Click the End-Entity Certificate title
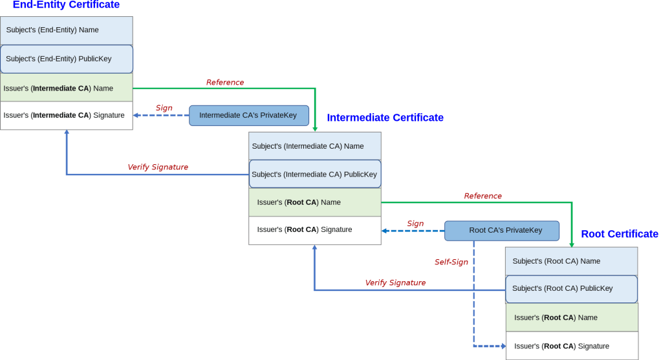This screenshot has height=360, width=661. point(66,5)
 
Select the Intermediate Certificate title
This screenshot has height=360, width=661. point(385,118)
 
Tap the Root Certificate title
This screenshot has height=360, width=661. point(619,234)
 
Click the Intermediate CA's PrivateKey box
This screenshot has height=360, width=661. point(249,116)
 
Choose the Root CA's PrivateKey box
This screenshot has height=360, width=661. point(502,230)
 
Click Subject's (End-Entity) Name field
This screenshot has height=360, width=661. point(67,30)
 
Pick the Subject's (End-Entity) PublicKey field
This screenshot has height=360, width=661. point(67,59)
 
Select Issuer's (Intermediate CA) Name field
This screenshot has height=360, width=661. point(67,89)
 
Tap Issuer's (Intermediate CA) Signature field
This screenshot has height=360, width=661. point(67,116)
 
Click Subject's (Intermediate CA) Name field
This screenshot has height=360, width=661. point(315,146)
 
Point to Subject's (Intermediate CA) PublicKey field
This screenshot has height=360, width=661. point(315,175)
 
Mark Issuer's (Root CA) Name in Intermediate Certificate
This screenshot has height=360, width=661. point(315,202)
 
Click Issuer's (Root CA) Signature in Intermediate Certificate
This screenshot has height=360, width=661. point(315,230)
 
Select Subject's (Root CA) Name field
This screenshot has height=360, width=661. point(571,261)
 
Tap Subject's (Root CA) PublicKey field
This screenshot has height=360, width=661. point(571,289)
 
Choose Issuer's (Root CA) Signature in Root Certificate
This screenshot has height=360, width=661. point(571,346)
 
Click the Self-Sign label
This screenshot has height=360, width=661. point(451,262)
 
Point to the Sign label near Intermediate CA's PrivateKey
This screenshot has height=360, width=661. point(164,108)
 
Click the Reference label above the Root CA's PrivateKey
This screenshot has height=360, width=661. point(482,196)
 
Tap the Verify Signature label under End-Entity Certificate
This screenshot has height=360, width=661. point(158,167)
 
